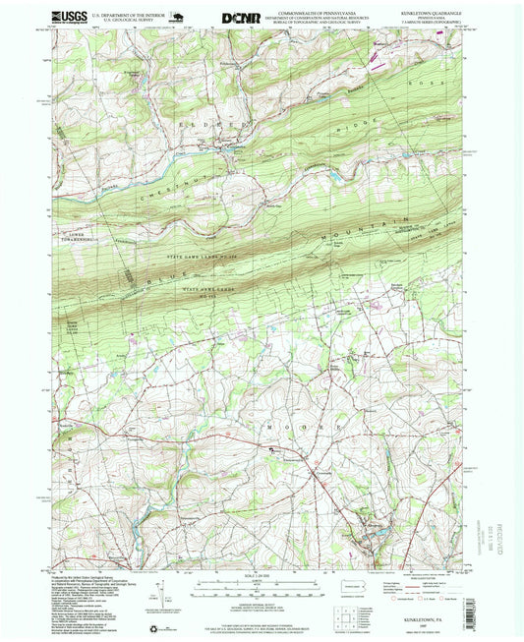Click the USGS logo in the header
pyautogui.click(x=68, y=16)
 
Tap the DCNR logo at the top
pyautogui.click(x=241, y=17)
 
